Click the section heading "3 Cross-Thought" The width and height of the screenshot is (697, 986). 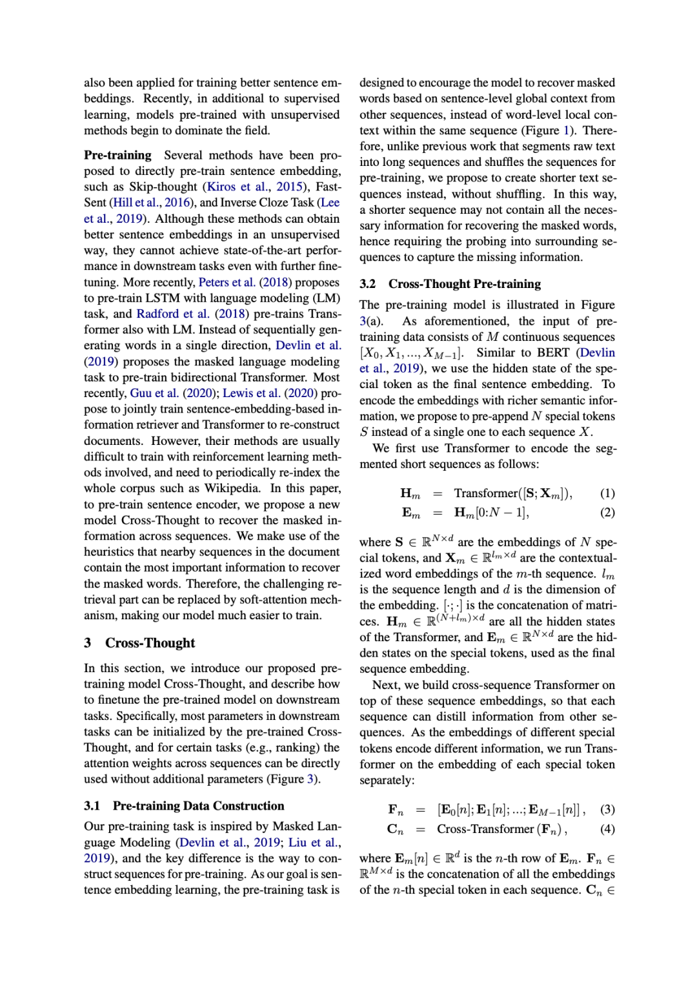point(139,643)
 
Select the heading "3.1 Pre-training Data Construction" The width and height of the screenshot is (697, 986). point(184,806)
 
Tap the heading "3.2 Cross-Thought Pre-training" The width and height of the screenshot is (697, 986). point(450,284)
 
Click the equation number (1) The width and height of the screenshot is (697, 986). point(607,493)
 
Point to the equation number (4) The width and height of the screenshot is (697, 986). point(607,829)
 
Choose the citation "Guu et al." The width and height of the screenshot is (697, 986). point(154,393)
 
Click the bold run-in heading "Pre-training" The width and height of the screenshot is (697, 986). point(117,155)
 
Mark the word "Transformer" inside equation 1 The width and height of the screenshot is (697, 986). point(486,493)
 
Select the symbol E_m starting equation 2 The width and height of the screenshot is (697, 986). point(410,513)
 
